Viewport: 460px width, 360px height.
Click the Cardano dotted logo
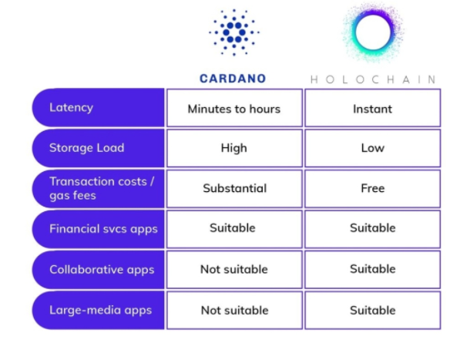click(233, 32)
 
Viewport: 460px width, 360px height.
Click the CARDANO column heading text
click(233, 79)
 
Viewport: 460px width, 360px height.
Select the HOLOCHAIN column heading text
click(373, 79)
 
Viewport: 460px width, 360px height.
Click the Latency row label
click(72, 108)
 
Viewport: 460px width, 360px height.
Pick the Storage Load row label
click(87, 148)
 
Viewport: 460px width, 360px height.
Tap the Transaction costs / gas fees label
click(102, 188)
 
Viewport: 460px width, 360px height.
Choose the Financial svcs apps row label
click(103, 229)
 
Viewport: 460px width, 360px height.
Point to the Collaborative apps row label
click(102, 269)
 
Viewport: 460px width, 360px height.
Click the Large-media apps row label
click(101, 310)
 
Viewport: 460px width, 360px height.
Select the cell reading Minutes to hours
click(234, 108)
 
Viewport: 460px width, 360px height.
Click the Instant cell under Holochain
click(373, 108)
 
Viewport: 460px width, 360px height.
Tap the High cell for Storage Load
click(234, 148)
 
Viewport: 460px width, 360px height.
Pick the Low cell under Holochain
click(373, 148)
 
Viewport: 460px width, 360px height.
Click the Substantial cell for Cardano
click(234, 189)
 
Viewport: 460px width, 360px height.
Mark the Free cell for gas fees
click(373, 189)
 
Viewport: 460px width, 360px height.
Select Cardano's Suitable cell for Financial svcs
click(234, 229)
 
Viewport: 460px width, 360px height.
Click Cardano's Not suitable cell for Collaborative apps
click(234, 270)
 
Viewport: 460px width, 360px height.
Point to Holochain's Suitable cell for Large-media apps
click(373, 310)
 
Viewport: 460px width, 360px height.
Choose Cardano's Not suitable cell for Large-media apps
click(234, 310)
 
